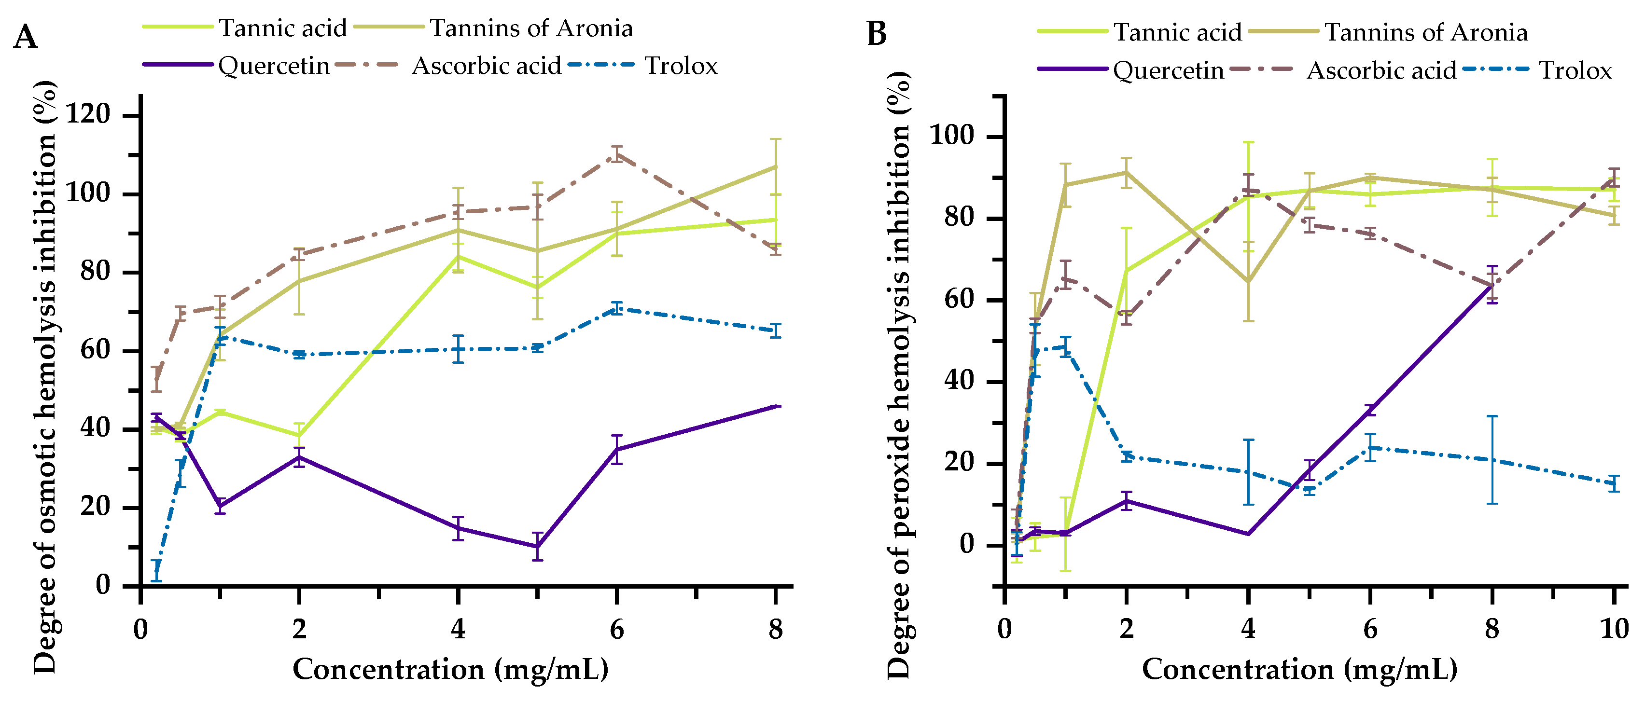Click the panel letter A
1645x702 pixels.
[25, 37]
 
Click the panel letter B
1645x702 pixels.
[877, 33]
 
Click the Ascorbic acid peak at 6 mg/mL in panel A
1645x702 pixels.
[616, 154]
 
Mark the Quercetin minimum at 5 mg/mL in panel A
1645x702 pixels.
[538, 546]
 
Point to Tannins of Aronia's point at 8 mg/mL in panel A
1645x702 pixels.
[775, 166]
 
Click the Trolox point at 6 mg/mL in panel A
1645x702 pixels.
[616, 309]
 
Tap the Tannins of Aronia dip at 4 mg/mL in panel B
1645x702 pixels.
[1248, 281]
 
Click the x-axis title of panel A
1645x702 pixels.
[450, 670]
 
